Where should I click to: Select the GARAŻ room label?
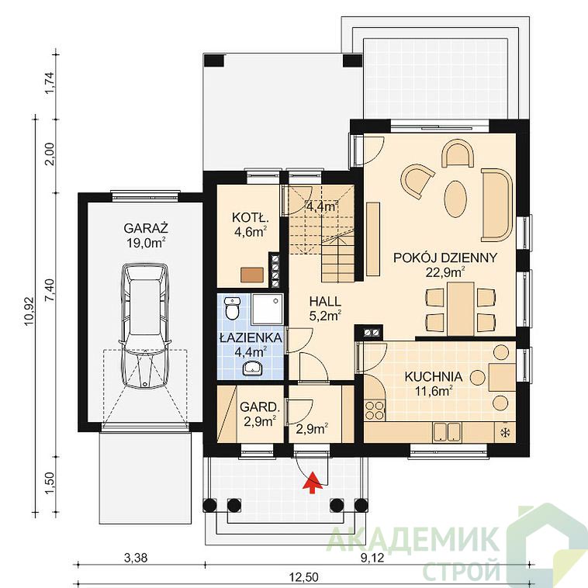[146, 228]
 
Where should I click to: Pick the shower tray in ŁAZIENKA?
[267, 310]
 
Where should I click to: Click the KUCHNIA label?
[433, 376]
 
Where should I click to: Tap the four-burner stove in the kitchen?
[375, 410]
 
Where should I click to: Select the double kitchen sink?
[447, 432]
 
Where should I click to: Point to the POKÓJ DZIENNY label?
[445, 258]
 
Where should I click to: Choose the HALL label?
[325, 301]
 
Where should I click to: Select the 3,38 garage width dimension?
[136, 558]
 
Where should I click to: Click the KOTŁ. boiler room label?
[251, 217]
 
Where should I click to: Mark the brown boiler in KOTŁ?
[252, 275]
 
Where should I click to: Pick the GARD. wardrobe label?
[260, 407]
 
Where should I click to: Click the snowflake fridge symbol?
[506, 433]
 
